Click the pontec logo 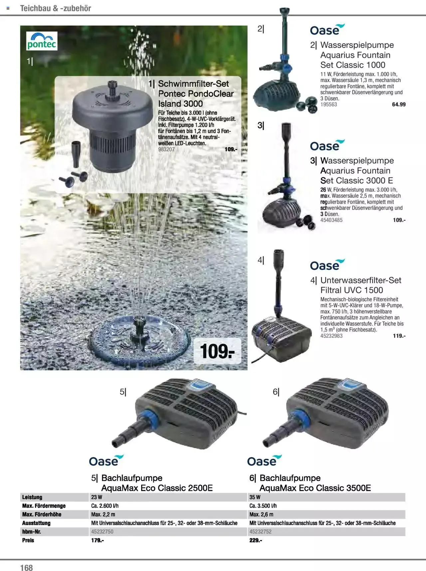[42, 41]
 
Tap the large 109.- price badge [217, 351]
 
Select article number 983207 [166, 149]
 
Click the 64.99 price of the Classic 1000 [399, 104]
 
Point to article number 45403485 [331, 220]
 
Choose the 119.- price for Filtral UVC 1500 [399, 336]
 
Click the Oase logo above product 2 [327, 30]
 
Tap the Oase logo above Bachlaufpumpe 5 [106, 461]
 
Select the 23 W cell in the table [97, 497]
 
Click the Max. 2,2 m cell [103, 514]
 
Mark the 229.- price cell [256, 540]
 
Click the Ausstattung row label [36, 523]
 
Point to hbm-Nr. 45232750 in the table [102, 532]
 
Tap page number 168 [27, 567]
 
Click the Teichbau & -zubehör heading [56, 8]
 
